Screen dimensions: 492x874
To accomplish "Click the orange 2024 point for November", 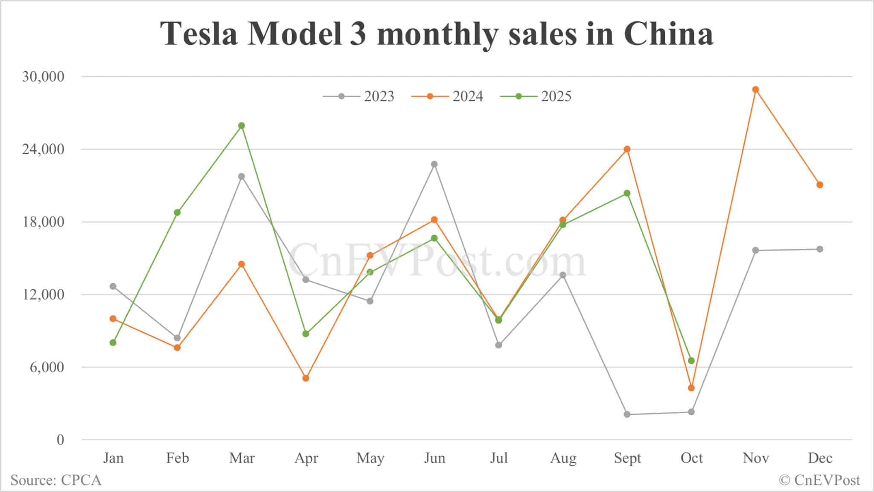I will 755,90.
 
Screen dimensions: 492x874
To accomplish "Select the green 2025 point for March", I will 242,125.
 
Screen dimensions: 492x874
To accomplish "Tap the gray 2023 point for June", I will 434,164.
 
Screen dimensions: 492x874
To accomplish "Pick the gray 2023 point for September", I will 627,414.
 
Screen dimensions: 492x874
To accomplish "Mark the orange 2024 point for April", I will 306,378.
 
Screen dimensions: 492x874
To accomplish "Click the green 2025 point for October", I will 691,361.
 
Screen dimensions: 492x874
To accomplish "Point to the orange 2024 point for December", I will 820,185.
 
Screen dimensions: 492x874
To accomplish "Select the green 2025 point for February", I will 177,213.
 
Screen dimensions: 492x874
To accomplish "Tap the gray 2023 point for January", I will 113,286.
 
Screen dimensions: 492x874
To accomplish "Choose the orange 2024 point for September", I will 627,149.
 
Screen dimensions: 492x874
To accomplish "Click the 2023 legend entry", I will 359,96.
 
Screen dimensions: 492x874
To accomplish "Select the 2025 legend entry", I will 536,96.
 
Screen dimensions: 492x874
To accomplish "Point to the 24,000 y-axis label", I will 43,149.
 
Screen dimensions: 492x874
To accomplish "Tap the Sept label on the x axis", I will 627,458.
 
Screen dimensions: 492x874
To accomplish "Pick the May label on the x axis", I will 370,458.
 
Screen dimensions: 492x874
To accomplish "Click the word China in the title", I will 668,33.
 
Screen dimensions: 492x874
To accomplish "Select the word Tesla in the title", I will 199,33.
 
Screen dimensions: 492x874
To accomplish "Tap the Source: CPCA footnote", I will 56,480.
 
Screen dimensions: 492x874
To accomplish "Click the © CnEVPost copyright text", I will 819,480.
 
